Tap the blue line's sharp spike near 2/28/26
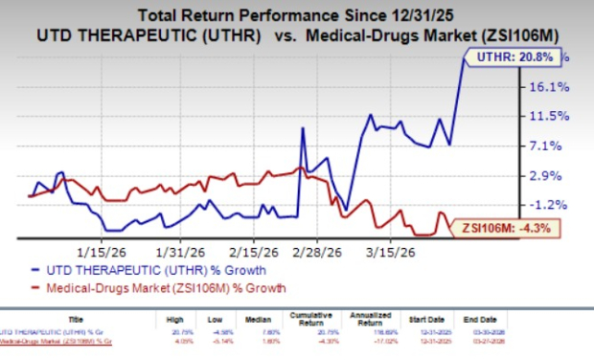click(x=303, y=128)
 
